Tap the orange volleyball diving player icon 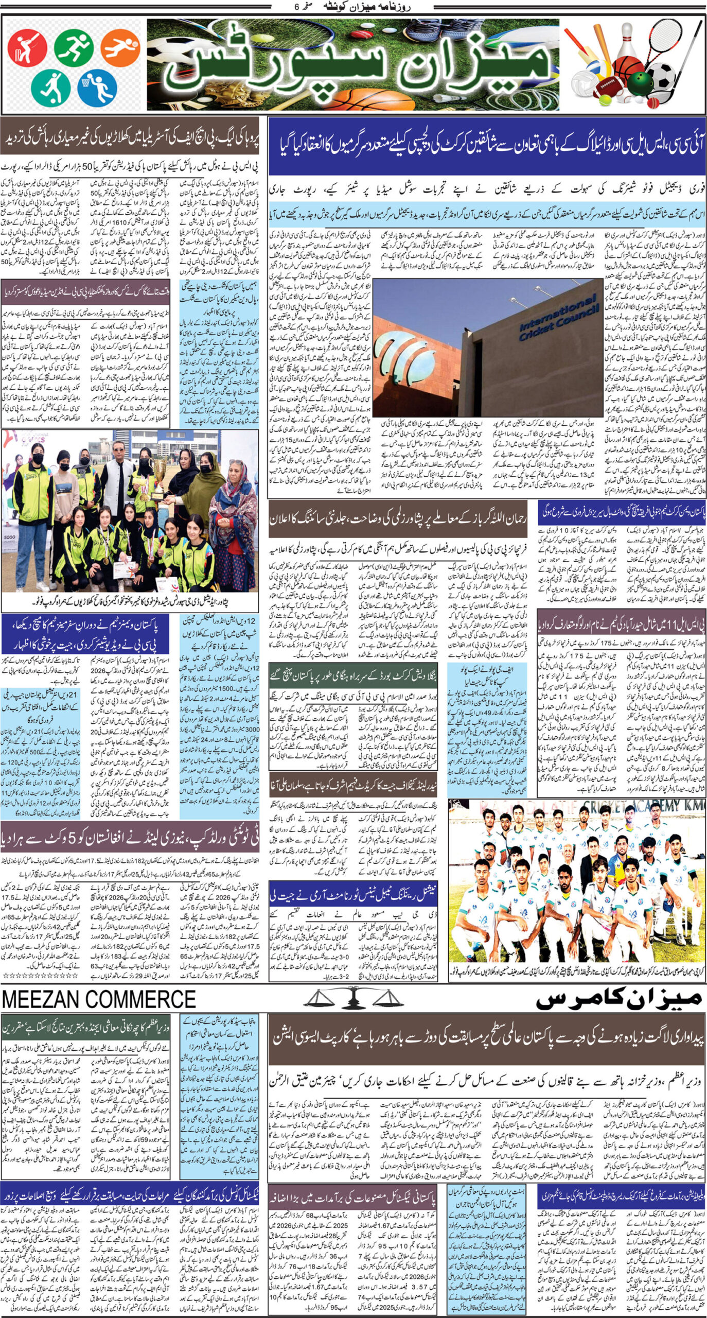click(120, 48)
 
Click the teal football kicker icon click(50, 86)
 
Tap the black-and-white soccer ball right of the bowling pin click(661, 77)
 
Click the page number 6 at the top click(295, 7)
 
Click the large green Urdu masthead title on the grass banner click(355, 67)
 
